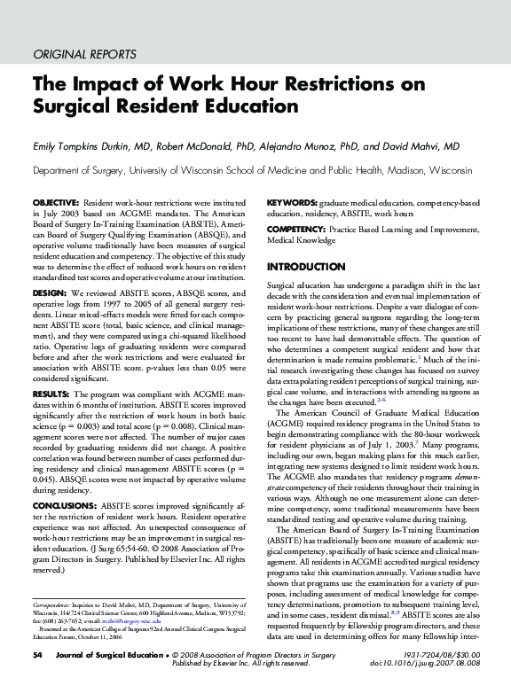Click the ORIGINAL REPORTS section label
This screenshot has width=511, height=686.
coord(83,54)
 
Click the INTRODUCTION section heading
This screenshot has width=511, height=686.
coord(307,267)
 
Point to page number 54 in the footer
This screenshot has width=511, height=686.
coord(37,654)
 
